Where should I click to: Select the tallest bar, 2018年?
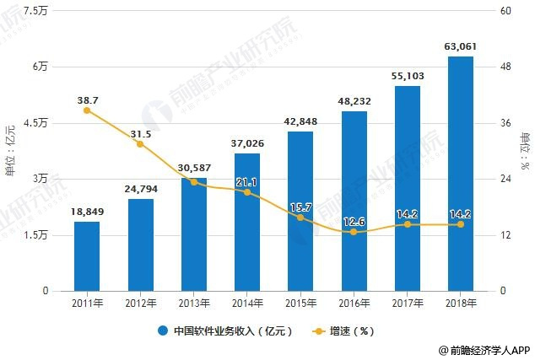460,174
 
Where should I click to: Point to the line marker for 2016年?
354,232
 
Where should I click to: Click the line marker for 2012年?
140,144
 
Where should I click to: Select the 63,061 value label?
460,46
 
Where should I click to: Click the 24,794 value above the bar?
140,188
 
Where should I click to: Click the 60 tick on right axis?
506,11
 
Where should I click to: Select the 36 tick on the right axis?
506,123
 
